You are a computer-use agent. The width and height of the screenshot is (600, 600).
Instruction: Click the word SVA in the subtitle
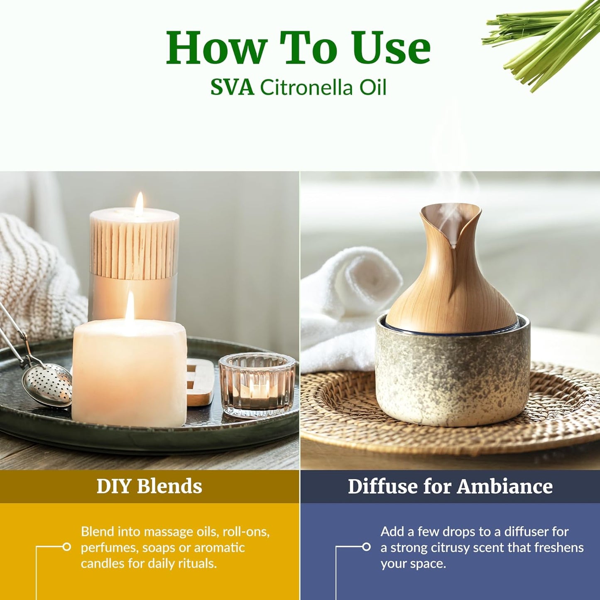(x=232, y=88)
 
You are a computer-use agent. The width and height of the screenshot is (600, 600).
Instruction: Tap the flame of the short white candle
(x=130, y=306)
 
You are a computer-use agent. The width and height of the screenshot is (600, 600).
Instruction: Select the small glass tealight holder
(x=257, y=384)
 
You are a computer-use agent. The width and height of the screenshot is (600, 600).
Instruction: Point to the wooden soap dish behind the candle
(x=198, y=382)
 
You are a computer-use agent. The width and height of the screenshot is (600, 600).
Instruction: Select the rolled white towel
(x=345, y=299)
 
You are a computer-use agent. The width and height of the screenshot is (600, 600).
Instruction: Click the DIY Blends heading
(x=149, y=486)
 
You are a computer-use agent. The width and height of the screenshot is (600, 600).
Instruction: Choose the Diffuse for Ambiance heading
(x=450, y=486)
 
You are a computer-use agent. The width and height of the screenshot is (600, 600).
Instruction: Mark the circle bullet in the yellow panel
(x=66, y=547)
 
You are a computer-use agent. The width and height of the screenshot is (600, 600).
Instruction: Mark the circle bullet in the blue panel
(x=366, y=547)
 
